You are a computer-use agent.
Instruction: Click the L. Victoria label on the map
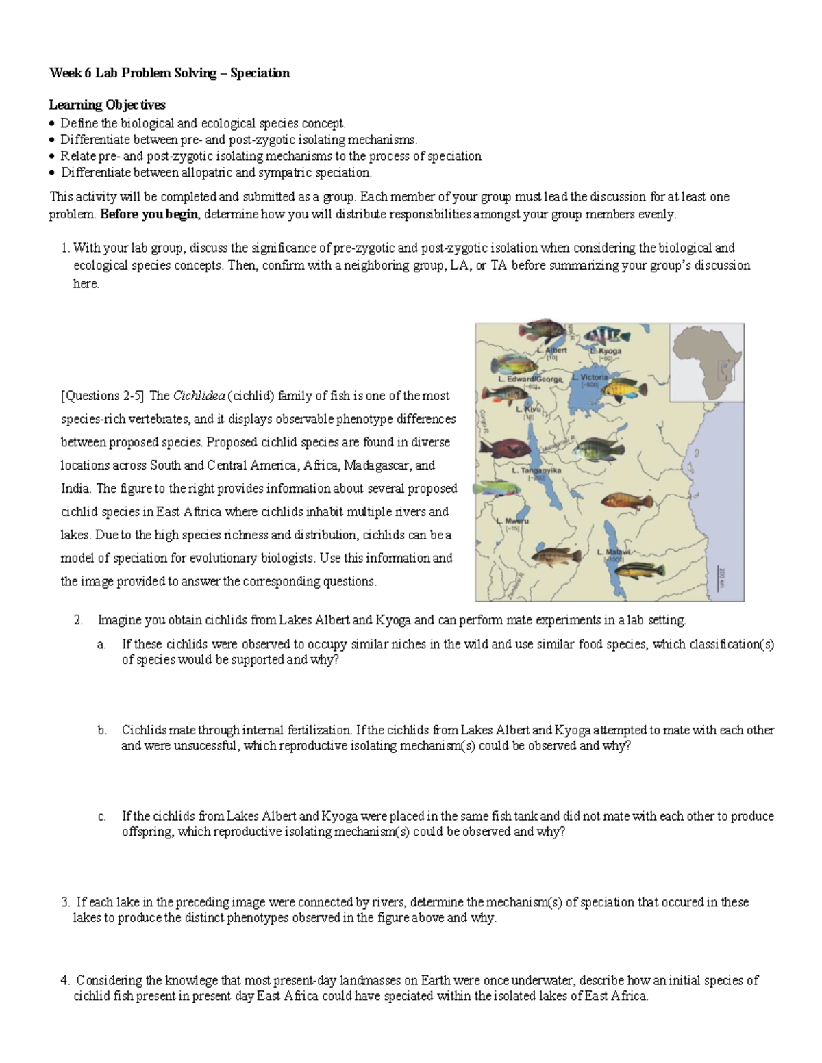[594, 378]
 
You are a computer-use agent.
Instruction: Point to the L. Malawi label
[613, 552]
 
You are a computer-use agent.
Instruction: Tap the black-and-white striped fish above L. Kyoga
[607, 335]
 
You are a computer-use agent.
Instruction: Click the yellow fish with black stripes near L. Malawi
[641, 569]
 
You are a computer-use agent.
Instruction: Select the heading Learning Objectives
[107, 105]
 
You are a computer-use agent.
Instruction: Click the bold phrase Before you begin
[149, 214]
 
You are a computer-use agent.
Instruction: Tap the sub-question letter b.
[102, 730]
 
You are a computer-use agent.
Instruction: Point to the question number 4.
[64, 980]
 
